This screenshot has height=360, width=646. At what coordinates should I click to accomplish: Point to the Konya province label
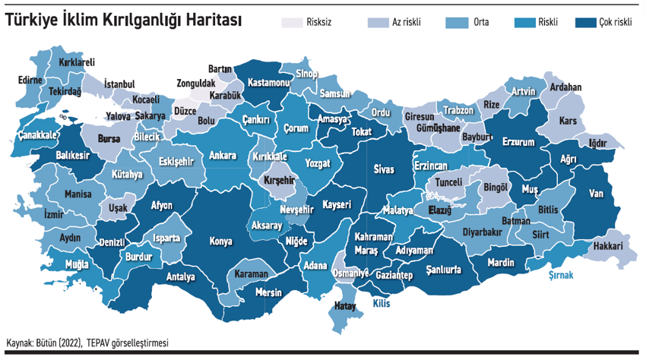tap(220, 242)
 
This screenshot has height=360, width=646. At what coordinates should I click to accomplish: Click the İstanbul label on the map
tap(119, 83)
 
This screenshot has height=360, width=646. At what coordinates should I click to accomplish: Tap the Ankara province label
tap(222, 155)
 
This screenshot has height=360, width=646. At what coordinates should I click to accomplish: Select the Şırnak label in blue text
tap(561, 275)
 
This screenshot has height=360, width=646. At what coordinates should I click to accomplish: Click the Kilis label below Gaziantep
tap(381, 302)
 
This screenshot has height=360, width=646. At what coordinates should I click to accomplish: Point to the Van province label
tap(596, 194)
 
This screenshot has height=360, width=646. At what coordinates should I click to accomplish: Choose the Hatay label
tap(346, 306)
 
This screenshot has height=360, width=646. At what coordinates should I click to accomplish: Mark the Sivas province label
tap(385, 169)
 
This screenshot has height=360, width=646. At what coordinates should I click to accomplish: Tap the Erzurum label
tap(520, 142)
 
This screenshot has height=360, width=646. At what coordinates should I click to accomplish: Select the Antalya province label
tap(181, 276)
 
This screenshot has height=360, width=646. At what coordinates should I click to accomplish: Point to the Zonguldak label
tap(195, 84)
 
